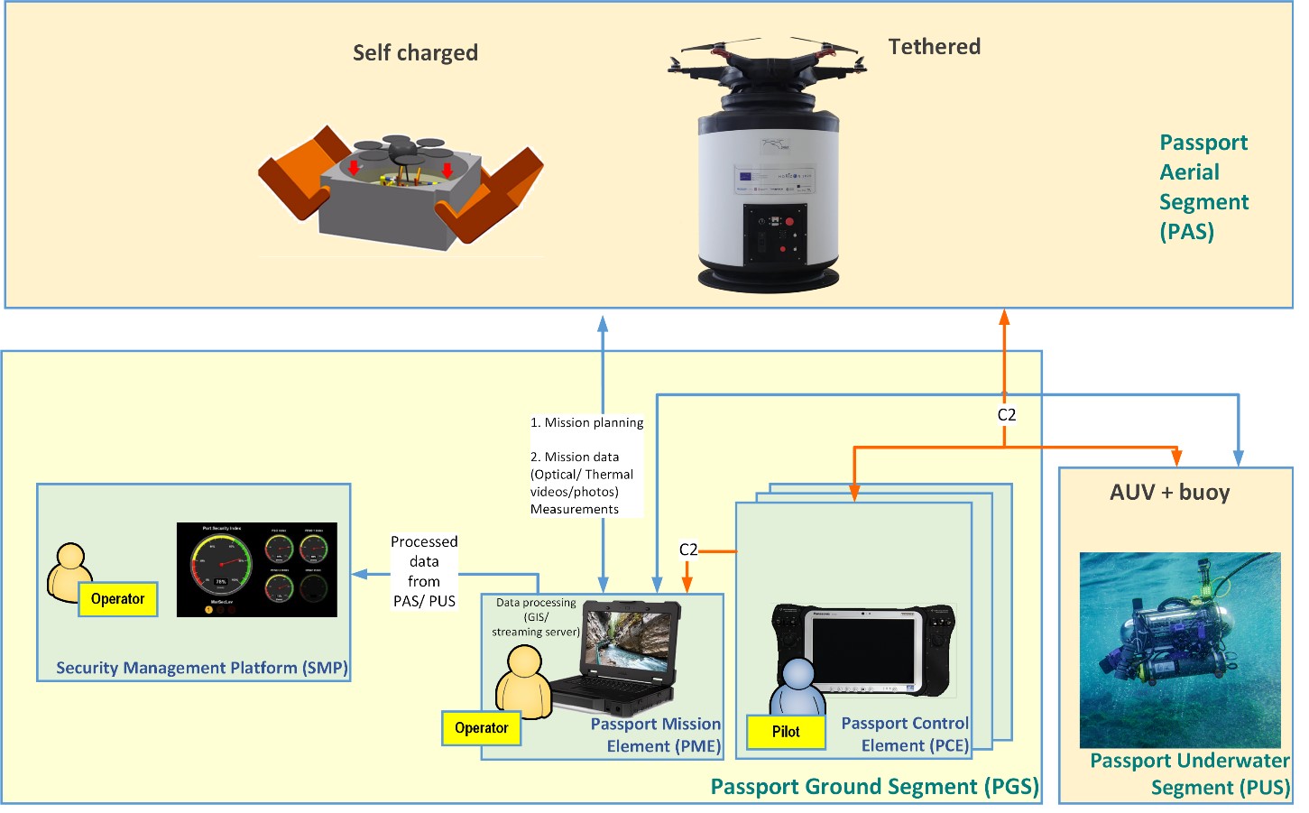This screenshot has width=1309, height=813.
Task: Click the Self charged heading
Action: (x=415, y=53)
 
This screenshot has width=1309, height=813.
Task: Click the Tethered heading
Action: (x=934, y=47)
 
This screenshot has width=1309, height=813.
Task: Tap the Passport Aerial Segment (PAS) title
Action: (x=1203, y=187)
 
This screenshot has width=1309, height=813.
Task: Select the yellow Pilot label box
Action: (x=786, y=732)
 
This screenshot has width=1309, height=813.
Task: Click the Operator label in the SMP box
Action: (x=117, y=599)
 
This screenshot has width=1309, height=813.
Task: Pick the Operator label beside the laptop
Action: (x=481, y=728)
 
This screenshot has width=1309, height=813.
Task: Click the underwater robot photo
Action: (x=1180, y=650)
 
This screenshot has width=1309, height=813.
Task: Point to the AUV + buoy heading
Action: (x=1169, y=493)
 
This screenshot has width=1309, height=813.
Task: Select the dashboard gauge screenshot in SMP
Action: (x=256, y=570)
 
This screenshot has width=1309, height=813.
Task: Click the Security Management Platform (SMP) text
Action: (x=201, y=668)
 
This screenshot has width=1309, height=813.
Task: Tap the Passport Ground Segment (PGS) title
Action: (x=874, y=787)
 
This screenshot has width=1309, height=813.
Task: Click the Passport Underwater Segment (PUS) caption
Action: (x=1189, y=774)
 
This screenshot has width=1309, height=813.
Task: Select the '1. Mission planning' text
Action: (x=586, y=422)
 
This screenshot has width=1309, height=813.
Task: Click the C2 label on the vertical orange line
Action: (x=1006, y=415)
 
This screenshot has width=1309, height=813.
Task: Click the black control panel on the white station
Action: (x=773, y=235)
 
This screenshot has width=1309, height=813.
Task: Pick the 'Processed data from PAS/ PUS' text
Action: (x=424, y=571)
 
